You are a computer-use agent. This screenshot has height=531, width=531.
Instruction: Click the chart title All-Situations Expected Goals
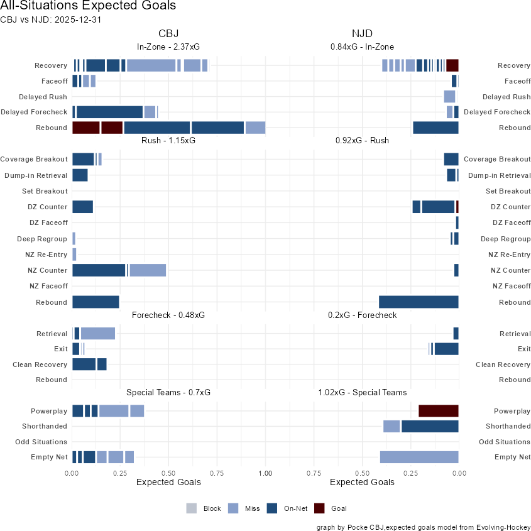coord(88,6)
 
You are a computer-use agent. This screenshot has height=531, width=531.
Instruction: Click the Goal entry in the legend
coord(330,508)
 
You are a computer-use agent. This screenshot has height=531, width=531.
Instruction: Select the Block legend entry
coord(204,508)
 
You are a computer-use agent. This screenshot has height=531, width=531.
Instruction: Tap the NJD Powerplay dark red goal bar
coord(439,411)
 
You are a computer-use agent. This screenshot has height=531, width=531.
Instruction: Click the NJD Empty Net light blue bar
coord(419,457)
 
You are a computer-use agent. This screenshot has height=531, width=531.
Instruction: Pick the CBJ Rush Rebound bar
coord(96,302)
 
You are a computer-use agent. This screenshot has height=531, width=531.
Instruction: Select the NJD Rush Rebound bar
coord(419,302)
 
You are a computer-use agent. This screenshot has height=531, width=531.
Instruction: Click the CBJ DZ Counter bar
coord(82,207)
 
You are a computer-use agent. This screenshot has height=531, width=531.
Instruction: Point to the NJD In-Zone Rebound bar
coord(435,128)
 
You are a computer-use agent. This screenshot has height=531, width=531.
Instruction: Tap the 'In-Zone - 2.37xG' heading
coord(168,47)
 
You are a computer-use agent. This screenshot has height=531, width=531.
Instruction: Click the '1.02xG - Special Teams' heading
coord(362,392)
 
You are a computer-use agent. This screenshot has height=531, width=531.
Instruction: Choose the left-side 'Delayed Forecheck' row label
coord(34,112)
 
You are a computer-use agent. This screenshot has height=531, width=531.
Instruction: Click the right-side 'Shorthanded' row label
coord(506,427)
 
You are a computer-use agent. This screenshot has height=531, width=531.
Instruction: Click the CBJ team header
coord(168,33)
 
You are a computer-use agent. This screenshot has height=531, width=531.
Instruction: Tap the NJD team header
coord(362,33)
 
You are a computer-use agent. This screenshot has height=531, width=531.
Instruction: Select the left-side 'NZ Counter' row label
coord(48,271)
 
